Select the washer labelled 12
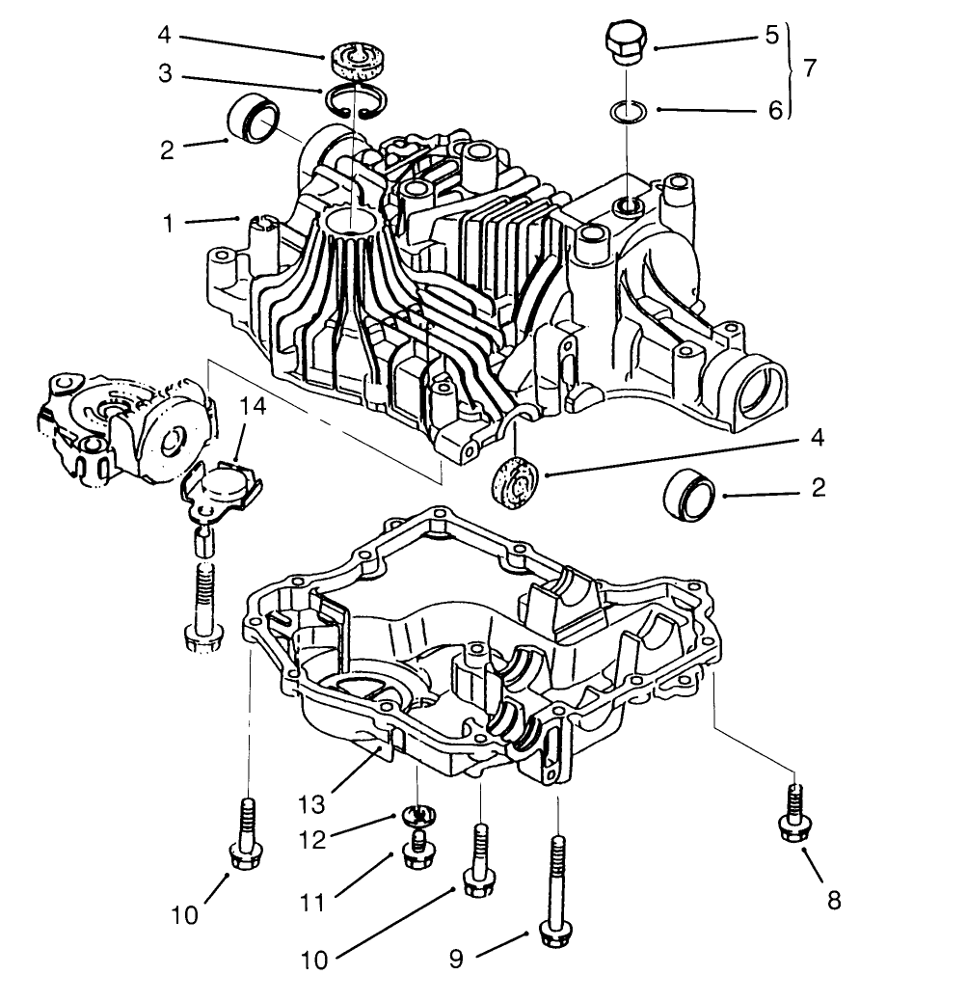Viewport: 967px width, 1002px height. (x=416, y=815)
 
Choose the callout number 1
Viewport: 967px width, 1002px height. (x=170, y=223)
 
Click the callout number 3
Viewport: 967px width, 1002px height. (x=165, y=73)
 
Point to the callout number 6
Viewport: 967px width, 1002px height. (x=774, y=110)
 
